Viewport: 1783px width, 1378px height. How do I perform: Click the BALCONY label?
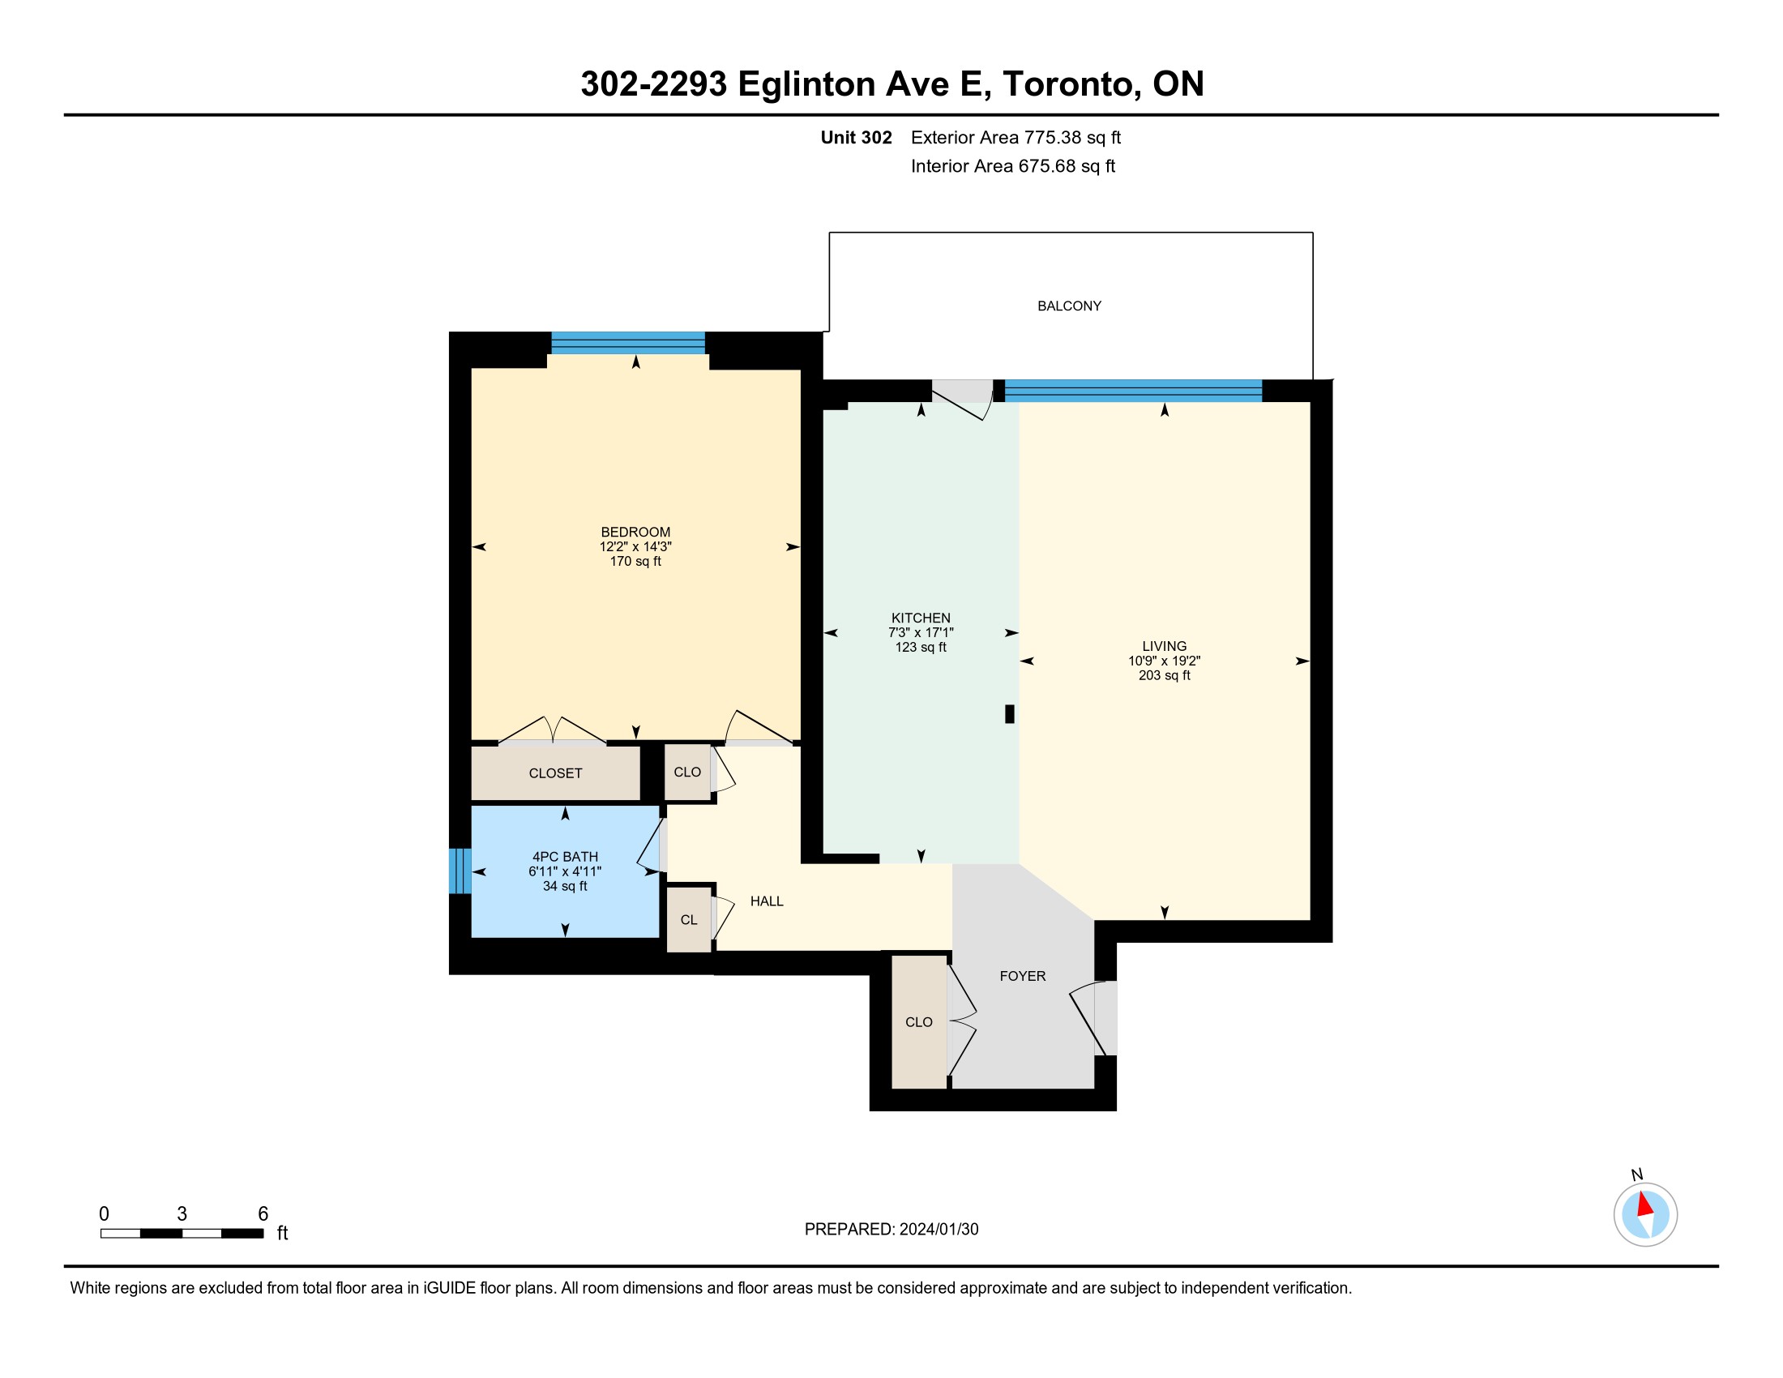point(1069,306)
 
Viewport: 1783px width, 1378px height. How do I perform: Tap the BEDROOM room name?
point(635,533)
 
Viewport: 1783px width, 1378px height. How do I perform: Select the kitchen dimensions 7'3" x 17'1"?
point(921,633)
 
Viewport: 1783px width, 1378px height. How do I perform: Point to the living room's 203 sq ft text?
point(1164,675)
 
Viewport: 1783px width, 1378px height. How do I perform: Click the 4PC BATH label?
point(565,856)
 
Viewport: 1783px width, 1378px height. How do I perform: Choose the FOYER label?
point(1022,975)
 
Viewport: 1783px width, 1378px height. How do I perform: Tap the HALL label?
point(767,901)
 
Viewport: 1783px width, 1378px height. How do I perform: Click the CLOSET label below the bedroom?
point(555,773)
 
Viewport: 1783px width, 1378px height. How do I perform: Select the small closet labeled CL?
point(689,920)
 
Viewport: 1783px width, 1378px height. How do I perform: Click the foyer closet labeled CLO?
point(918,1022)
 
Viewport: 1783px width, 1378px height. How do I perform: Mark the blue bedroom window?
point(628,343)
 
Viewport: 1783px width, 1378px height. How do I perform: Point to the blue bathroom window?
point(460,871)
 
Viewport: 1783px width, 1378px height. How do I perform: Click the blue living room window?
point(1133,391)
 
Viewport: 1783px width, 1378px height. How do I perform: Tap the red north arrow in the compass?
point(1644,1204)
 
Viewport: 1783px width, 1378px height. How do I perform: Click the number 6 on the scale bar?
point(263,1213)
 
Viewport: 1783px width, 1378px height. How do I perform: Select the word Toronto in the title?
point(1071,84)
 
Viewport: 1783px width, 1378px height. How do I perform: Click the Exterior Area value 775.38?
point(1053,137)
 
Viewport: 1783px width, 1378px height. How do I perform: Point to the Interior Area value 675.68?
point(1046,165)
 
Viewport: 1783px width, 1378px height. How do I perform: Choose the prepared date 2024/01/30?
point(938,1230)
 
